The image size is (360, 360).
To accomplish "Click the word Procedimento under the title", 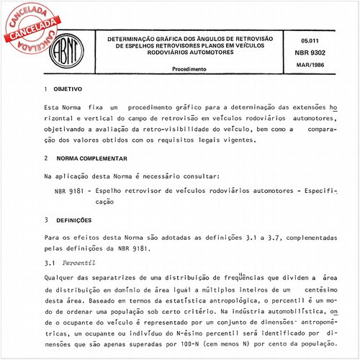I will [x=189, y=70].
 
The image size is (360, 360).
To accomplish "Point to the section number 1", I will [x=47, y=89].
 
